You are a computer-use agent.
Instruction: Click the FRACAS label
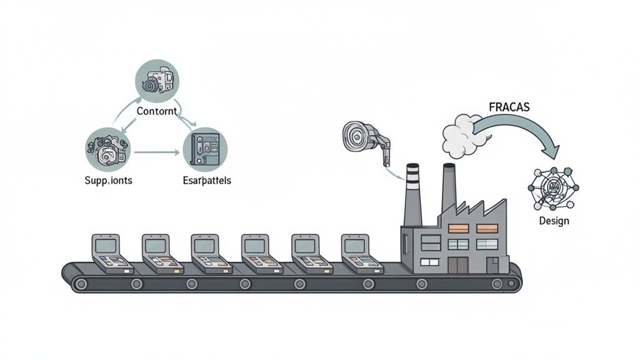(x=509, y=107)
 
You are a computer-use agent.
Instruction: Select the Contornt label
(x=157, y=111)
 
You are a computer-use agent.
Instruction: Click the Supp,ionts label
(x=108, y=180)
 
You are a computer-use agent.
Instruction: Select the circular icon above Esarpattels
(x=205, y=150)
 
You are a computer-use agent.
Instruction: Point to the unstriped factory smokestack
(x=449, y=187)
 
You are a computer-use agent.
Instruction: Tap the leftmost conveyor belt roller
(x=80, y=284)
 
